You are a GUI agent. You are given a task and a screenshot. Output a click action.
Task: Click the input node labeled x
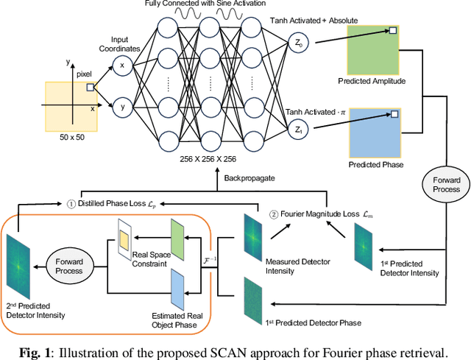click(122, 66)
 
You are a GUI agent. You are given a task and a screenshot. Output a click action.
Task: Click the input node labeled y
click(122, 107)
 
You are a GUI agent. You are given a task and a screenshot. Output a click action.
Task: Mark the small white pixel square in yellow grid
click(90, 87)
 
